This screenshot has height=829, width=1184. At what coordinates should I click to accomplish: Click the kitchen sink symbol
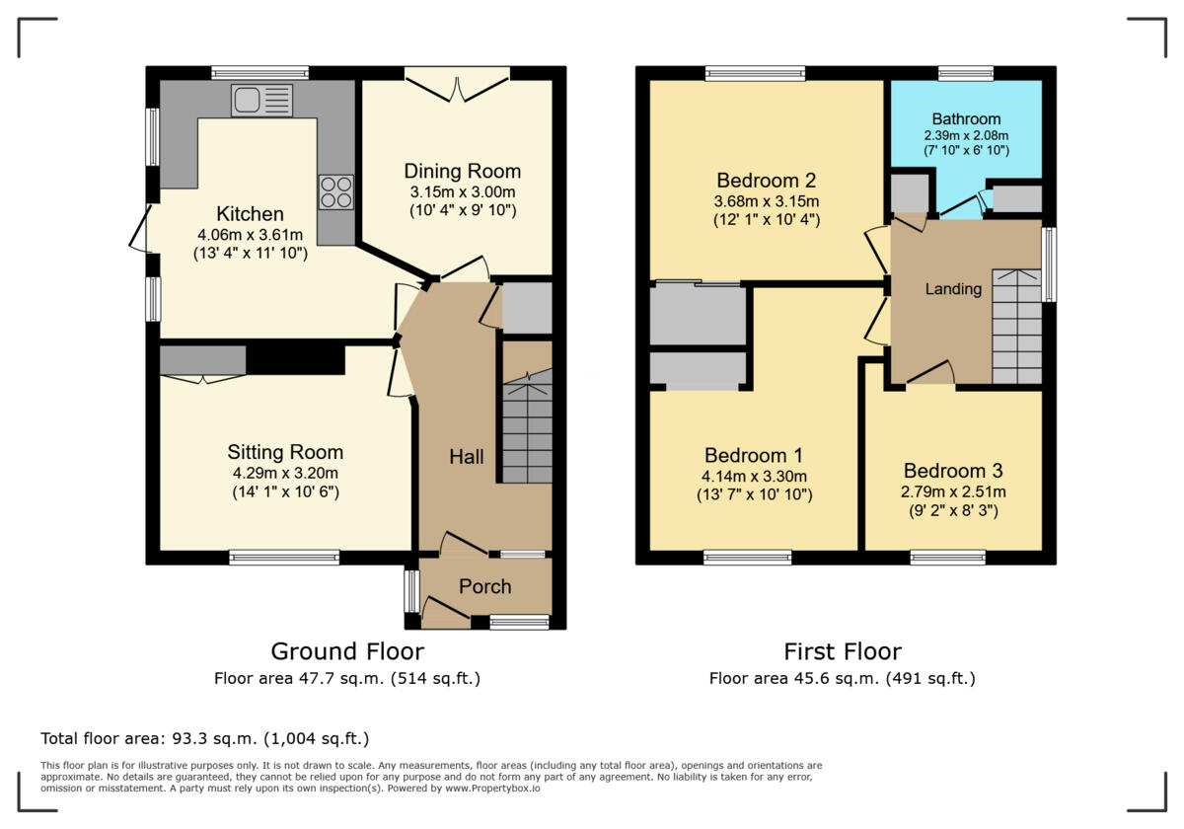[261, 101]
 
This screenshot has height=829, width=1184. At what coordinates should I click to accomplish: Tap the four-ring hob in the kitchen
[336, 191]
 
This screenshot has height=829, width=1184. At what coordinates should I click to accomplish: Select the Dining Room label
[462, 172]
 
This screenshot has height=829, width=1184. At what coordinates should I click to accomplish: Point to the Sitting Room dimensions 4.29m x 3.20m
[285, 473]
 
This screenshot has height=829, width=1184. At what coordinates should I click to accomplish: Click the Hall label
[466, 457]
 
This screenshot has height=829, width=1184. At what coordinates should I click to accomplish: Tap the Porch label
[484, 586]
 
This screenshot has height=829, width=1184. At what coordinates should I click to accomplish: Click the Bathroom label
[966, 118]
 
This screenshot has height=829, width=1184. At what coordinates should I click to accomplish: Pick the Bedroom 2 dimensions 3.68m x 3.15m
[766, 200]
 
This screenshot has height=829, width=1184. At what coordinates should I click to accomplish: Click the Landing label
[952, 289]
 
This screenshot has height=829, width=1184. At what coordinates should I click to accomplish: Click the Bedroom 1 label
[753, 456]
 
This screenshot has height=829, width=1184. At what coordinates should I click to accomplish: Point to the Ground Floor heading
[347, 651]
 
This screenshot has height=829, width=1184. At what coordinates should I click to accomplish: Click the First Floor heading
[842, 651]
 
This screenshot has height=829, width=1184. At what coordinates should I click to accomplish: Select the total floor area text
[204, 738]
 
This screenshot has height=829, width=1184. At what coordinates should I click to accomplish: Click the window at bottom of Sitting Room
[284, 558]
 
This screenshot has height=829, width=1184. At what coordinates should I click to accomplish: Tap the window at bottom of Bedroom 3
[947, 558]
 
